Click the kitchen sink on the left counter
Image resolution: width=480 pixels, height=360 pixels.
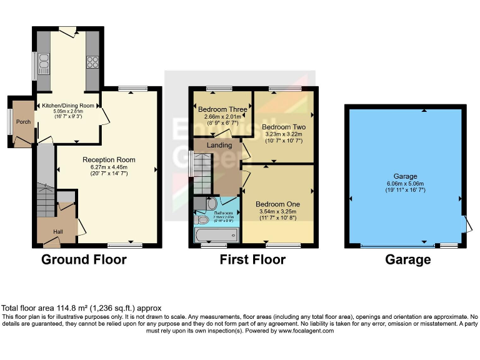point(44,62)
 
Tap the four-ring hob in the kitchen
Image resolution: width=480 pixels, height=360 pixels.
point(92,62)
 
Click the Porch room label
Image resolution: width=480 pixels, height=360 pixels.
point(24,122)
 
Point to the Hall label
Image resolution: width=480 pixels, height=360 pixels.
point(57,232)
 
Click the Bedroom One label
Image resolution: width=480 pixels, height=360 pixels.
point(277,204)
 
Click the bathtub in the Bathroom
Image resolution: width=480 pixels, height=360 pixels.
point(217,236)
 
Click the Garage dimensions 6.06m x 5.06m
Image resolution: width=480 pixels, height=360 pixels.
point(405,183)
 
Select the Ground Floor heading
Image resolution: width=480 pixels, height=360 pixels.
point(84,260)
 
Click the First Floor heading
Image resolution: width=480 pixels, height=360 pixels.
point(252,260)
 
